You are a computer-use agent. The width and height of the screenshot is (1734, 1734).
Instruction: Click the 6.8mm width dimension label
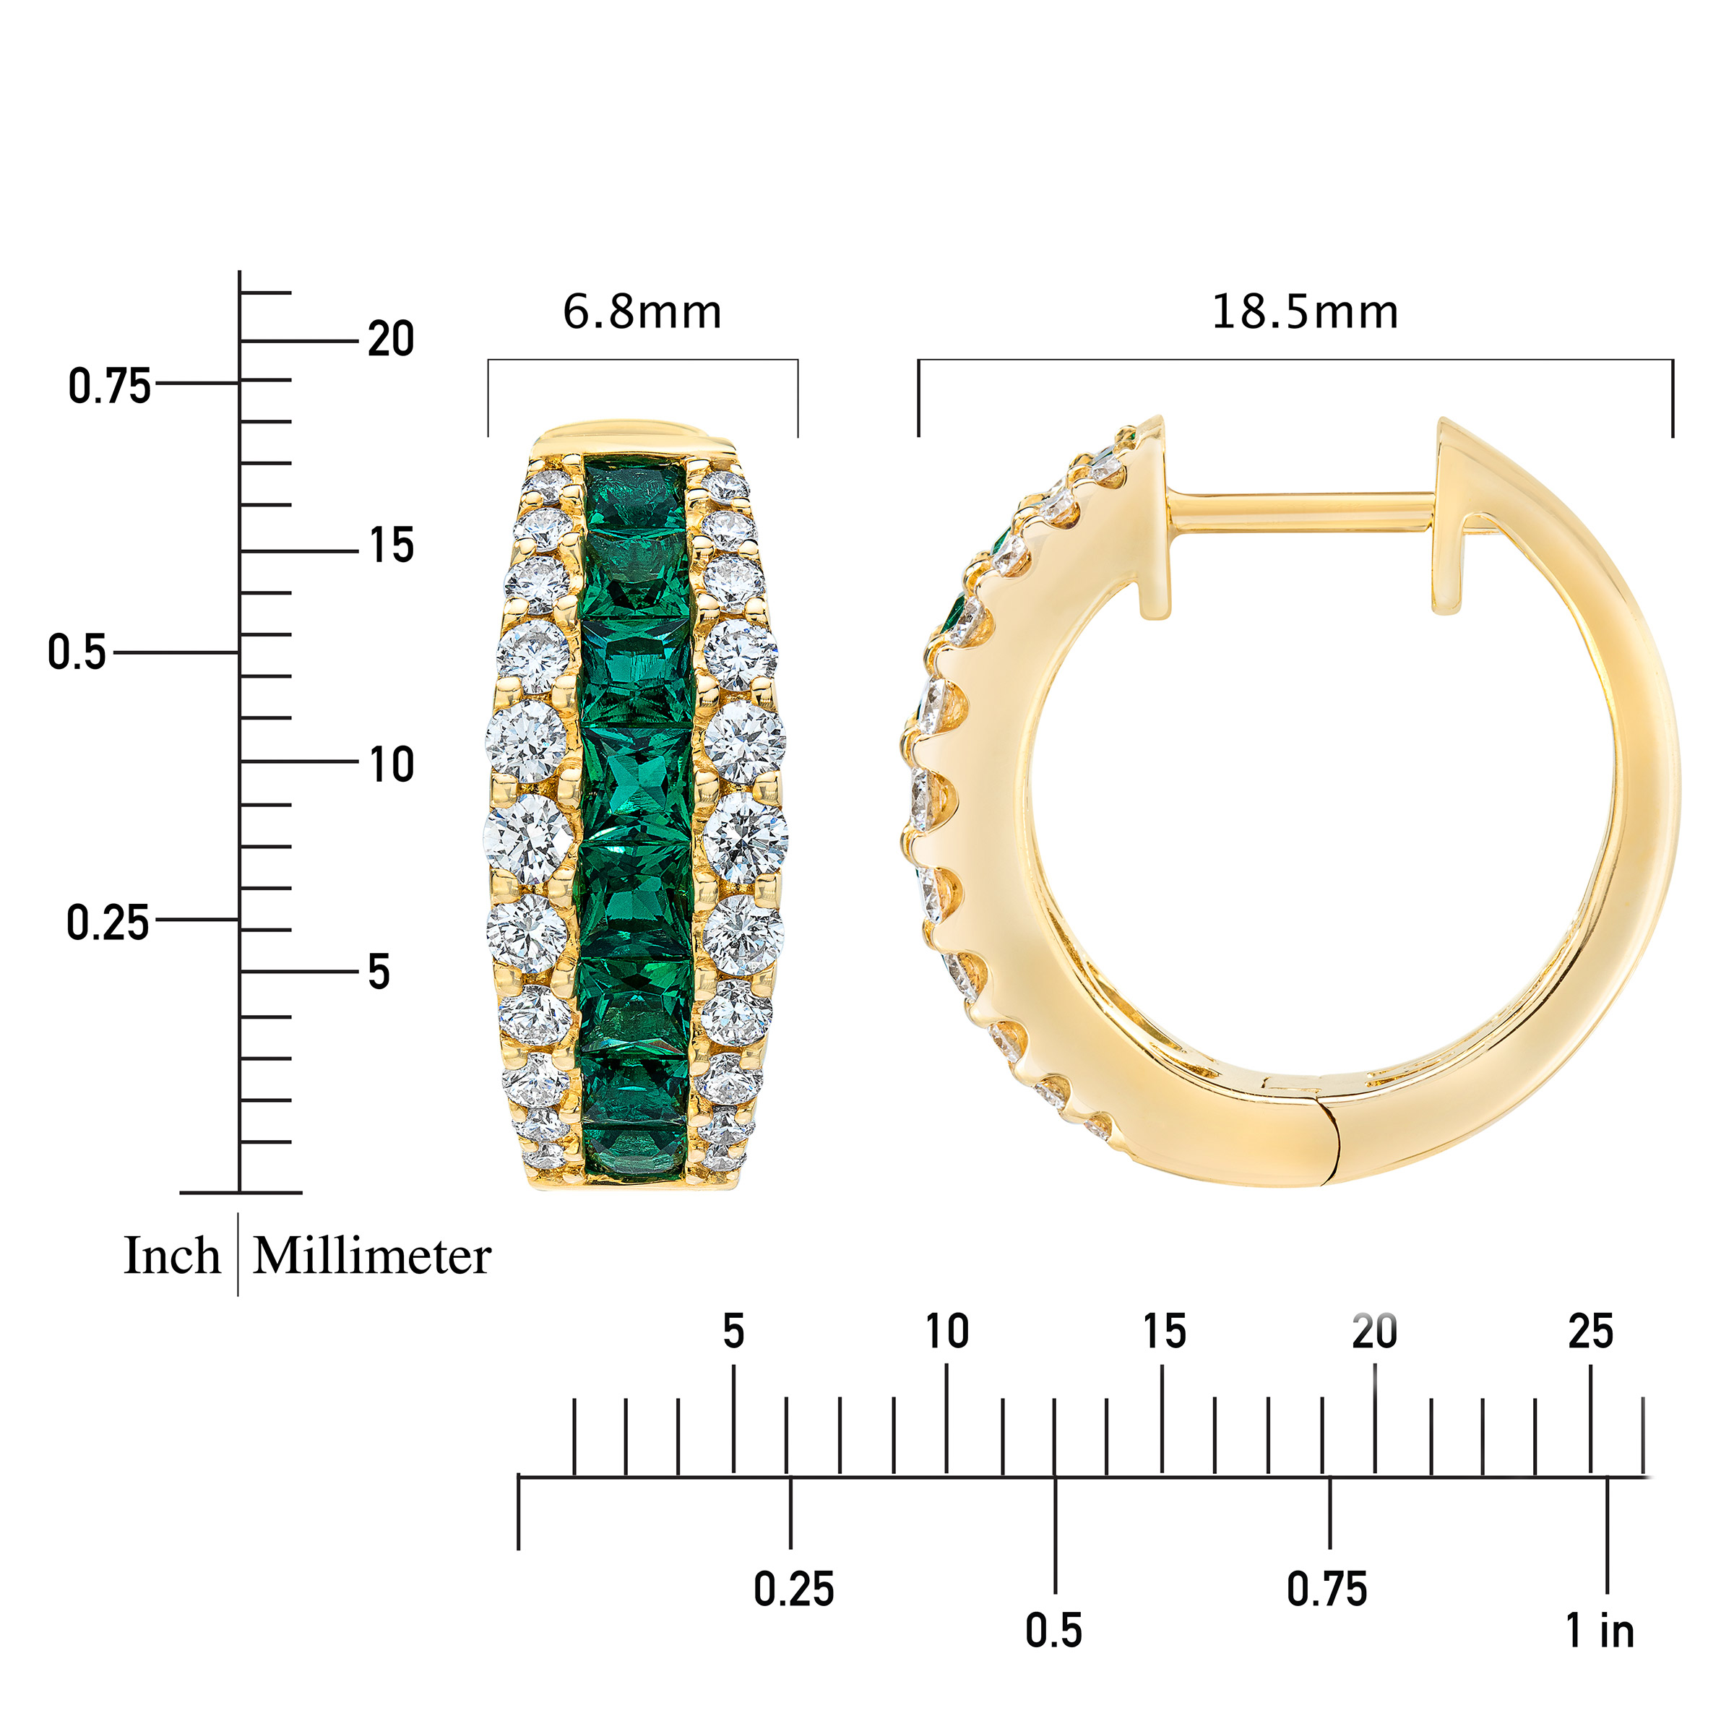pos(642,312)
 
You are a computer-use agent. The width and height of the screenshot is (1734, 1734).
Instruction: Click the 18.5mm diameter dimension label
pos(1305,312)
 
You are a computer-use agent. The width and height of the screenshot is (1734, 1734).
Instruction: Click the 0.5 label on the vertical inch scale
pos(77,652)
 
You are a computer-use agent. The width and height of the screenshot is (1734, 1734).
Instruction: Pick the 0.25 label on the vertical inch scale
pos(108,923)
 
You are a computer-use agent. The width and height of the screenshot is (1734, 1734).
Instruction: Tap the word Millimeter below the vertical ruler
pos(371,1256)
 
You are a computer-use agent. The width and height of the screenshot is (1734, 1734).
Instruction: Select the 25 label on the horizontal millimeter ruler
pos(1590,1332)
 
